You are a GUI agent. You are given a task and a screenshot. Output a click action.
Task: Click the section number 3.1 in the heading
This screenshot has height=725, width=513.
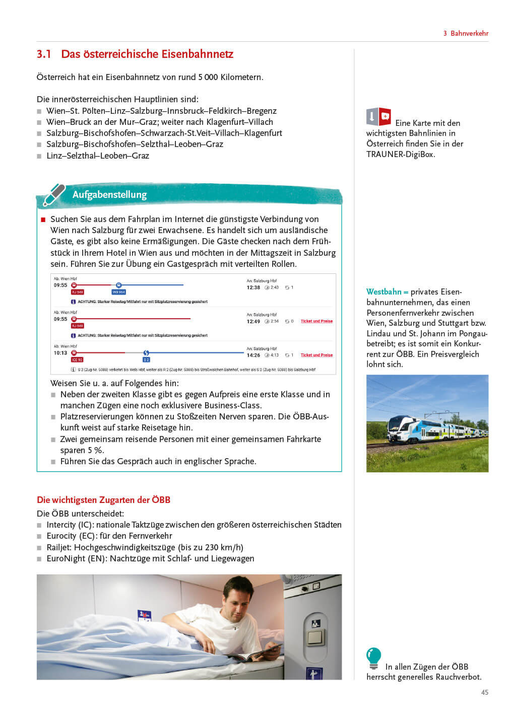point(44,54)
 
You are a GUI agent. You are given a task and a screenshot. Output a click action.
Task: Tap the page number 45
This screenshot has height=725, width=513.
point(484,692)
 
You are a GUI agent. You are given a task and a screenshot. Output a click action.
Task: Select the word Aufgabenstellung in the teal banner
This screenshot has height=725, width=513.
point(109,195)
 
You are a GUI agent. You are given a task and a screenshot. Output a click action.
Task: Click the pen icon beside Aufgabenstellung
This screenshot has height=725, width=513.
point(54,195)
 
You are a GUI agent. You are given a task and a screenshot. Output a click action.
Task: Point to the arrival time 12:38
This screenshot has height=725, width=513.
point(253,287)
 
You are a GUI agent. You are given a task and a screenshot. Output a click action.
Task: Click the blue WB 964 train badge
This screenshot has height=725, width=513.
point(119,292)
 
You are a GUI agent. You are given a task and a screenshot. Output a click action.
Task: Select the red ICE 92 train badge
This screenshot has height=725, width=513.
point(77,360)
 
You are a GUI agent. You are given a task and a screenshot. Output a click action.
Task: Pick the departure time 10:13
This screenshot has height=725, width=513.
point(60,353)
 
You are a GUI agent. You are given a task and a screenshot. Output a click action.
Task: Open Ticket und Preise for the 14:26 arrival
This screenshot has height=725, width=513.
point(316,355)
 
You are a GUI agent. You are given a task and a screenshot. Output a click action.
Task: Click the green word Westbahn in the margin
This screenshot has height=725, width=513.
point(383,292)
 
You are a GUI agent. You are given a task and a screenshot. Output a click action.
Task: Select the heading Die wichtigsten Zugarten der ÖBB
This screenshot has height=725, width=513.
point(103,500)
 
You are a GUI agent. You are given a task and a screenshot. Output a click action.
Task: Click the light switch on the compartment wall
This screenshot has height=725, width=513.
point(315,637)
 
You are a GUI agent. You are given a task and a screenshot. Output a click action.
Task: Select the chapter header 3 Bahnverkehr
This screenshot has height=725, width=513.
point(466,33)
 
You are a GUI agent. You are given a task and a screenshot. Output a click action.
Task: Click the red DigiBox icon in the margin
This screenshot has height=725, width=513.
point(384,116)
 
